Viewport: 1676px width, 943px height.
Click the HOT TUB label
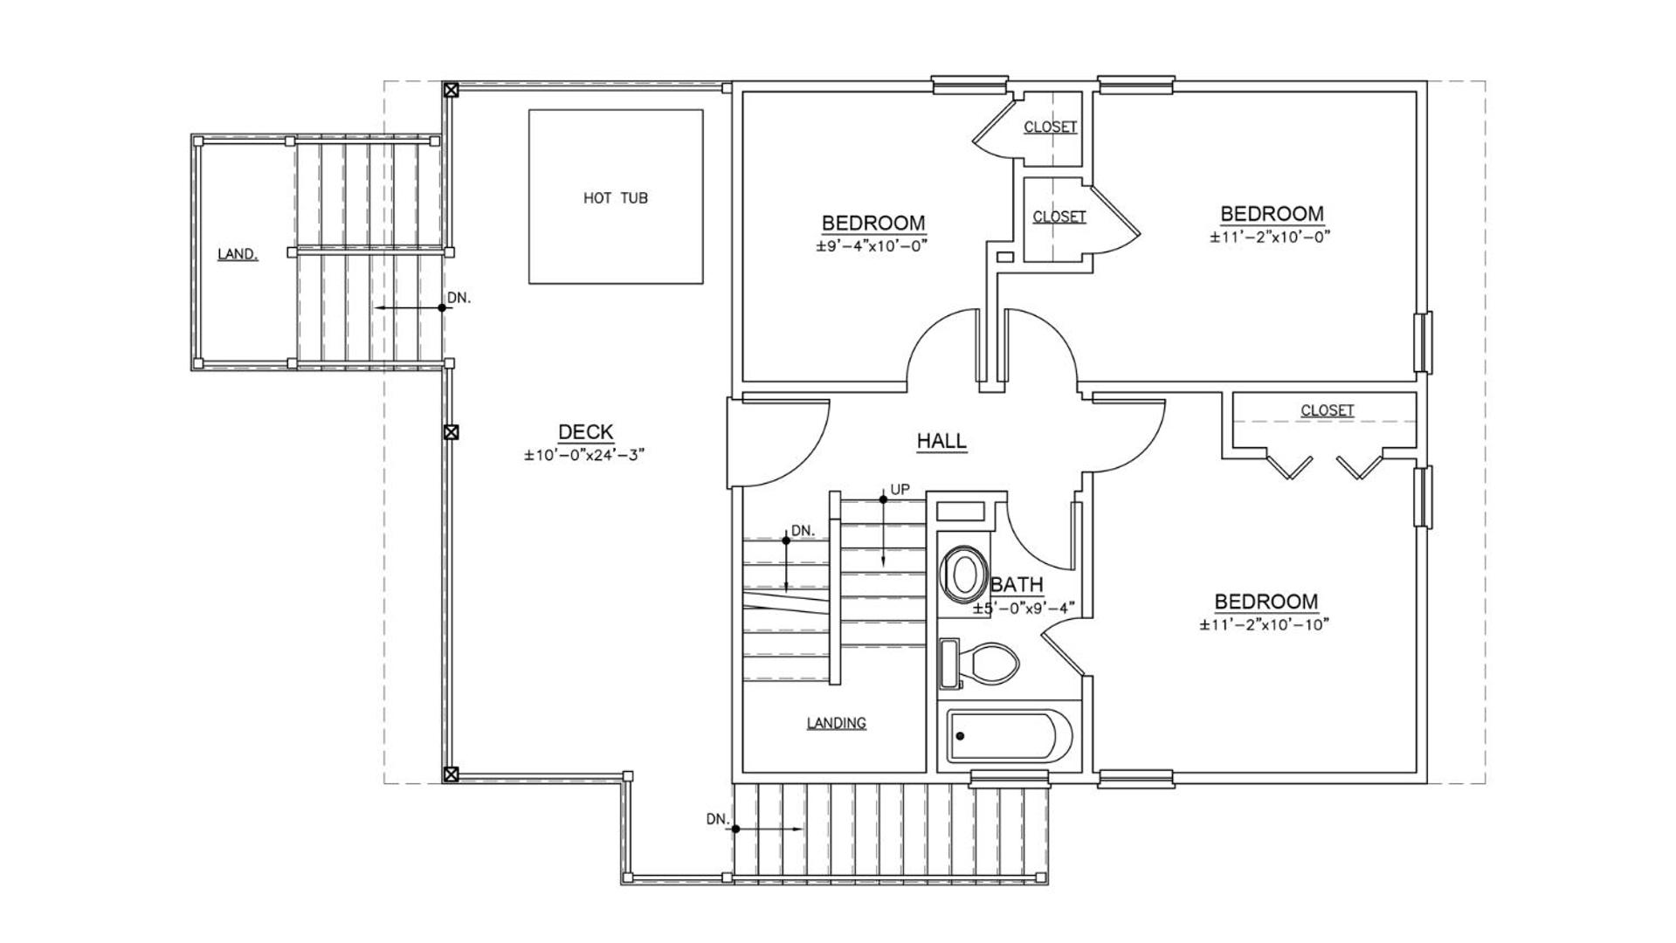[x=616, y=198]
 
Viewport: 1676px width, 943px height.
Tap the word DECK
[x=585, y=431]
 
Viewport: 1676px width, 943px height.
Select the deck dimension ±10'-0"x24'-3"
[x=584, y=455]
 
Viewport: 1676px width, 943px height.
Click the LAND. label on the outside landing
[x=238, y=255]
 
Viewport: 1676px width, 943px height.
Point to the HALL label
[x=941, y=441]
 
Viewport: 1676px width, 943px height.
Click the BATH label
[x=1017, y=585]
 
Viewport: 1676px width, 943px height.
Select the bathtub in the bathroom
[x=1010, y=737]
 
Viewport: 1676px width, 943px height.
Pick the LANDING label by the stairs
[x=836, y=723]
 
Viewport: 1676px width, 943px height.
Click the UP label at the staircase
[x=900, y=490]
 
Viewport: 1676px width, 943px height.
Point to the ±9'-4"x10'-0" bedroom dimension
[x=872, y=246]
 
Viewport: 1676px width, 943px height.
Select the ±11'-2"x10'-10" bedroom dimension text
[x=1264, y=624]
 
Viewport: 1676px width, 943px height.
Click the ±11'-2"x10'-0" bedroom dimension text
[x=1270, y=237]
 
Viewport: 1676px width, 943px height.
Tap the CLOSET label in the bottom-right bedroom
[x=1327, y=410]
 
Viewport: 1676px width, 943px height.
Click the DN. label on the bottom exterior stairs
[x=717, y=819]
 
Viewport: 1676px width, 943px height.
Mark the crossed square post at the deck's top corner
[x=451, y=89]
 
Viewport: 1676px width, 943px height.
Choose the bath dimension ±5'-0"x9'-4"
[x=1024, y=608]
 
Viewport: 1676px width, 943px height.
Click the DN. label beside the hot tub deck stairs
[x=459, y=298]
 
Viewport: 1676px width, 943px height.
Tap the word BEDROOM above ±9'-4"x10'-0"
[x=873, y=223]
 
